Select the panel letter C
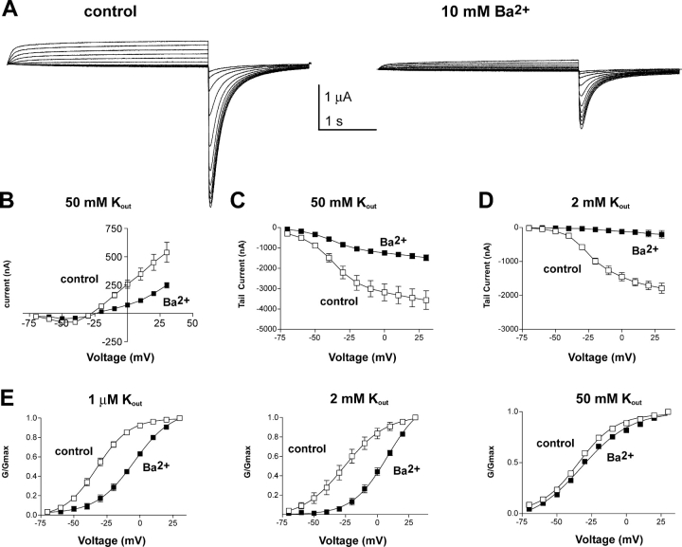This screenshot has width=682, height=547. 240,201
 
